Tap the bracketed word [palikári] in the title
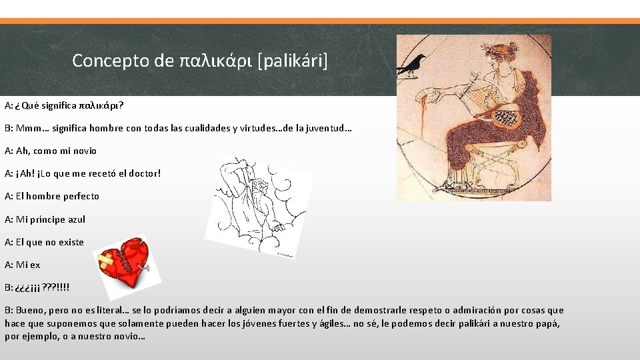click(293, 61)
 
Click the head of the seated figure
click(498, 56)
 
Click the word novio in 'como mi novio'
click(83, 151)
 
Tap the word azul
click(77, 219)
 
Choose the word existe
click(71, 242)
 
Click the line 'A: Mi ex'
click(22, 265)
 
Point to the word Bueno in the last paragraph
click(29, 310)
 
